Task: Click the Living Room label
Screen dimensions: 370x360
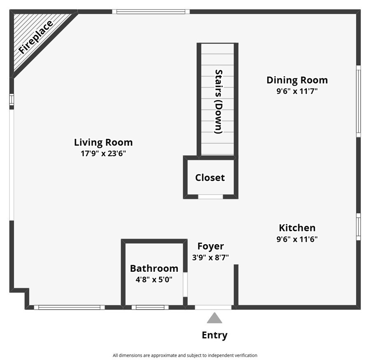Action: click(103, 143)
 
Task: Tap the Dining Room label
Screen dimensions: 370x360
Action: click(297, 80)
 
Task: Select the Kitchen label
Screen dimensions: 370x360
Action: click(297, 228)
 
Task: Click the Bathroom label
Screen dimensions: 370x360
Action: click(154, 269)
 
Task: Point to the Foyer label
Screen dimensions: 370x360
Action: click(210, 246)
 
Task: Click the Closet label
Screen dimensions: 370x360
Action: click(210, 178)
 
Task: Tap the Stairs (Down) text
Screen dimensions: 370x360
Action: click(219, 102)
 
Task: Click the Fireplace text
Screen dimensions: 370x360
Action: click(36, 37)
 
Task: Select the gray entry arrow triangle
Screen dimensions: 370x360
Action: click(214, 318)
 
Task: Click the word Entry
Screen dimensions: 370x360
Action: click(214, 335)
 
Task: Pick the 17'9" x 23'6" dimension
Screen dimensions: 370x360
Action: click(103, 154)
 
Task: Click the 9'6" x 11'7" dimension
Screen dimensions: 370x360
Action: click(297, 91)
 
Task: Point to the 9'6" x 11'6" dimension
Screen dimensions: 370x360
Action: click(297, 239)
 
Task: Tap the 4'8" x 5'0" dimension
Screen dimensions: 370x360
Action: click(154, 280)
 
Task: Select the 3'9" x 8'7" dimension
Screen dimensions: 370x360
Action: click(210, 257)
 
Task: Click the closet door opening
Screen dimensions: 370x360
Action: click(210, 196)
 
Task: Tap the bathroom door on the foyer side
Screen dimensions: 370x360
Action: click(185, 284)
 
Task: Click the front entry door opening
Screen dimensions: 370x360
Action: click(213, 307)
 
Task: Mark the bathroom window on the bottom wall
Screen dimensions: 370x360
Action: click(150, 307)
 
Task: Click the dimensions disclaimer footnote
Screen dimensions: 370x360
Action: click(185, 355)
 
